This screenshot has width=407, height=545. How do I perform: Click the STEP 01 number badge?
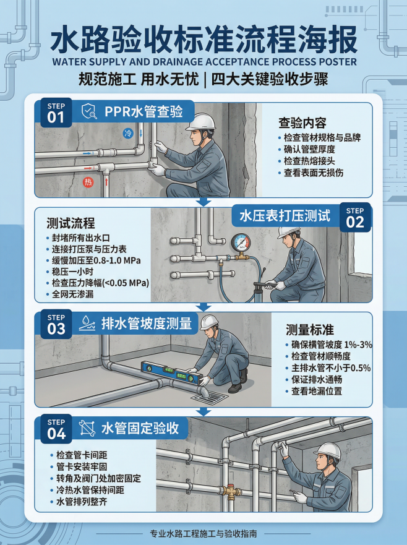56,113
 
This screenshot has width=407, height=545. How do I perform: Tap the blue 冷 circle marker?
128,133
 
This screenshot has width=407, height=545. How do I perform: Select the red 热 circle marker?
88,182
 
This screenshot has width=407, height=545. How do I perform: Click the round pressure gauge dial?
240,243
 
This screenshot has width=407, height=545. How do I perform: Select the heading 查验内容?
302,123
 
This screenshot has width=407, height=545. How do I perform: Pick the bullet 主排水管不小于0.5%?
328,368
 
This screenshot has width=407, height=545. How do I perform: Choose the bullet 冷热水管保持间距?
87,490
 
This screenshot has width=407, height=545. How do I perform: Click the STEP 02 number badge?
355,218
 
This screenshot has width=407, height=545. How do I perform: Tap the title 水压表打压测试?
285,216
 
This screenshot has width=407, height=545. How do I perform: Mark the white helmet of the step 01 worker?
200,122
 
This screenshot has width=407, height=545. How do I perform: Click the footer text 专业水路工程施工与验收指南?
204,533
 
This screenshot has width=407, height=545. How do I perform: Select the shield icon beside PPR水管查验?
89,111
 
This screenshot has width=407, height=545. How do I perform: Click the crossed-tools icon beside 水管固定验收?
87,428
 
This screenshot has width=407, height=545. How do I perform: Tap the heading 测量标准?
310,330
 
